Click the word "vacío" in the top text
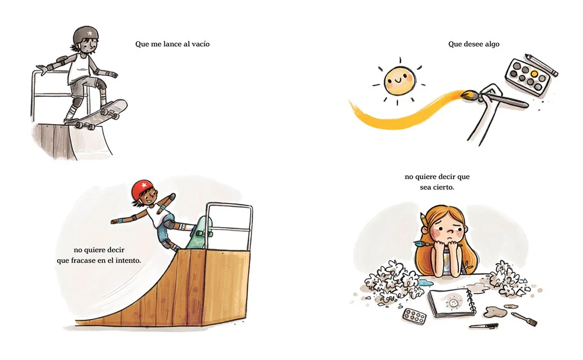pos(201,44)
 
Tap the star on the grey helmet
pos(90,33)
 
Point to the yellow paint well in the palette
pos(534,73)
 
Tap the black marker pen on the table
pos(483,326)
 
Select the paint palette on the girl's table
pos(414,316)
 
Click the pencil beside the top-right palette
pos(542,65)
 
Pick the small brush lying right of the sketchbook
pos(524,319)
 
